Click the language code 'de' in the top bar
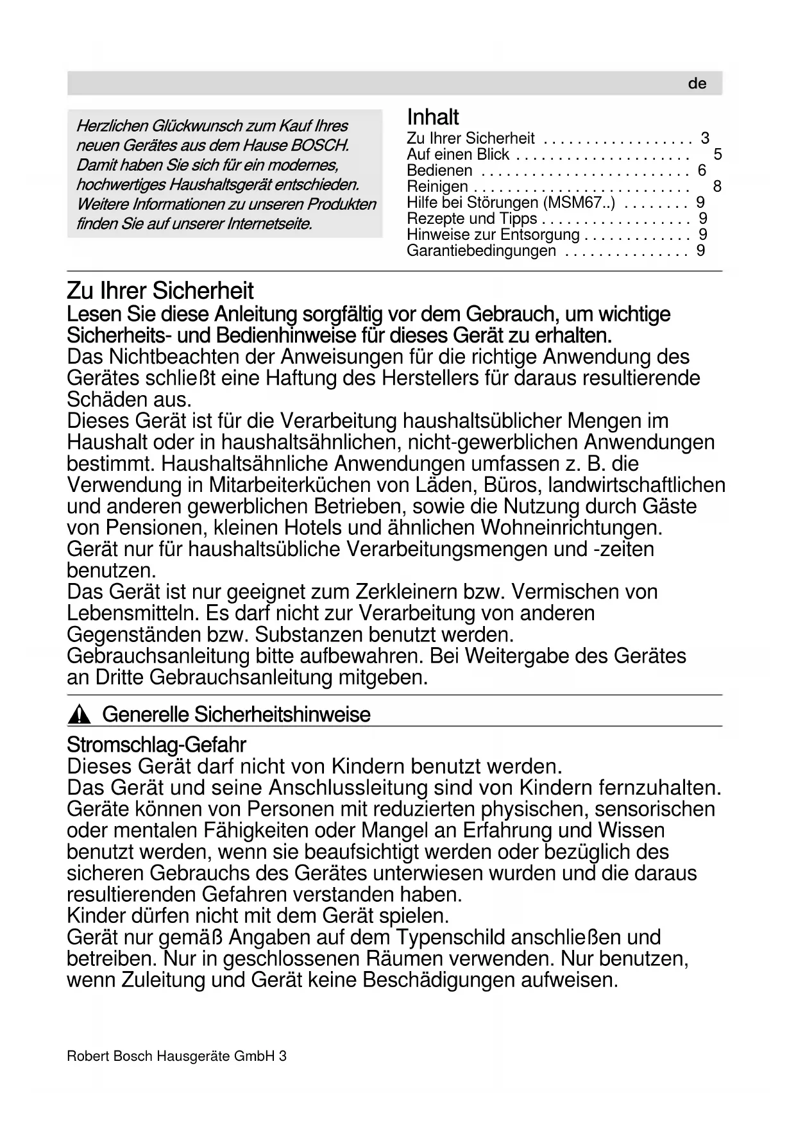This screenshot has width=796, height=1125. point(697,84)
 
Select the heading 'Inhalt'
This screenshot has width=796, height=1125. point(433,117)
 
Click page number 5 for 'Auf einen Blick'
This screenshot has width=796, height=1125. point(717,155)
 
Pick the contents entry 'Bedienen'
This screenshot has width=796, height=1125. point(439,171)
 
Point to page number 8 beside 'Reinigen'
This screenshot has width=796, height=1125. point(717,187)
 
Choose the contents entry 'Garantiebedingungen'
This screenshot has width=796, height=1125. point(481,251)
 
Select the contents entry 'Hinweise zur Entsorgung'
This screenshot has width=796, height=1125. point(493,235)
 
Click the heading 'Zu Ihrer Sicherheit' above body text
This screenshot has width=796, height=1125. point(160,291)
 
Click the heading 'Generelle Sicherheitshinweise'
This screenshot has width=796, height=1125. point(236,715)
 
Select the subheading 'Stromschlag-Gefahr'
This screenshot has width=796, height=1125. point(157,745)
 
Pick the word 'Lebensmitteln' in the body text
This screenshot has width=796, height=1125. point(133,613)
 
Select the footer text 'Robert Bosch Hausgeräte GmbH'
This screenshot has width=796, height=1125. point(171,1056)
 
